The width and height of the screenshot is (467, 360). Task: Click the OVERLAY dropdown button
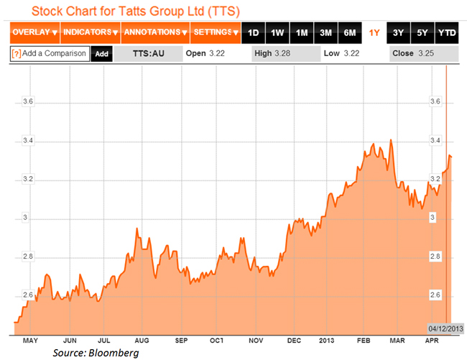tap(34, 33)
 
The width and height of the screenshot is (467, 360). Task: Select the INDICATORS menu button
tap(90, 33)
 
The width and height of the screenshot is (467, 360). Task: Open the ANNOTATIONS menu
tap(155, 33)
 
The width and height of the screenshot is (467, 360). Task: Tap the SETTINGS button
tap(216, 33)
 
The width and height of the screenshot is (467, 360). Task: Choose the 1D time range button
tap(253, 33)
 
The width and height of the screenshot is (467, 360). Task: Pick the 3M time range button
tap(325, 33)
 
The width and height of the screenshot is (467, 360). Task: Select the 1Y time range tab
tap(374, 33)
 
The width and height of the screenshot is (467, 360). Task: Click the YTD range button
tap(447, 33)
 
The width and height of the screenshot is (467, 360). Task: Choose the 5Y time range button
tap(422, 33)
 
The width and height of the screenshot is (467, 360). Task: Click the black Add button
tap(101, 54)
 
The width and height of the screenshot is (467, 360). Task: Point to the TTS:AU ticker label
tap(150, 54)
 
